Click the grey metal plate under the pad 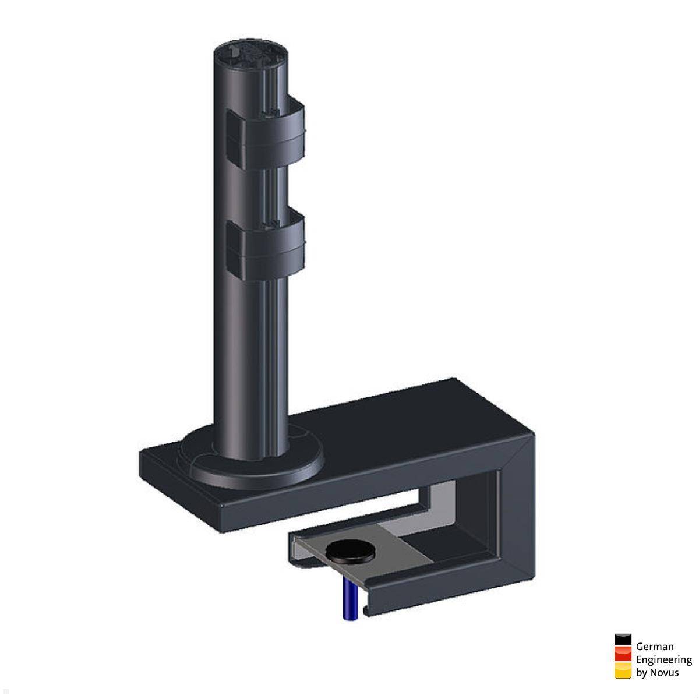402,545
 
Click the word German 655,646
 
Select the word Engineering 663,659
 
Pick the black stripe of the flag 623,640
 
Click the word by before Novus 641,673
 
